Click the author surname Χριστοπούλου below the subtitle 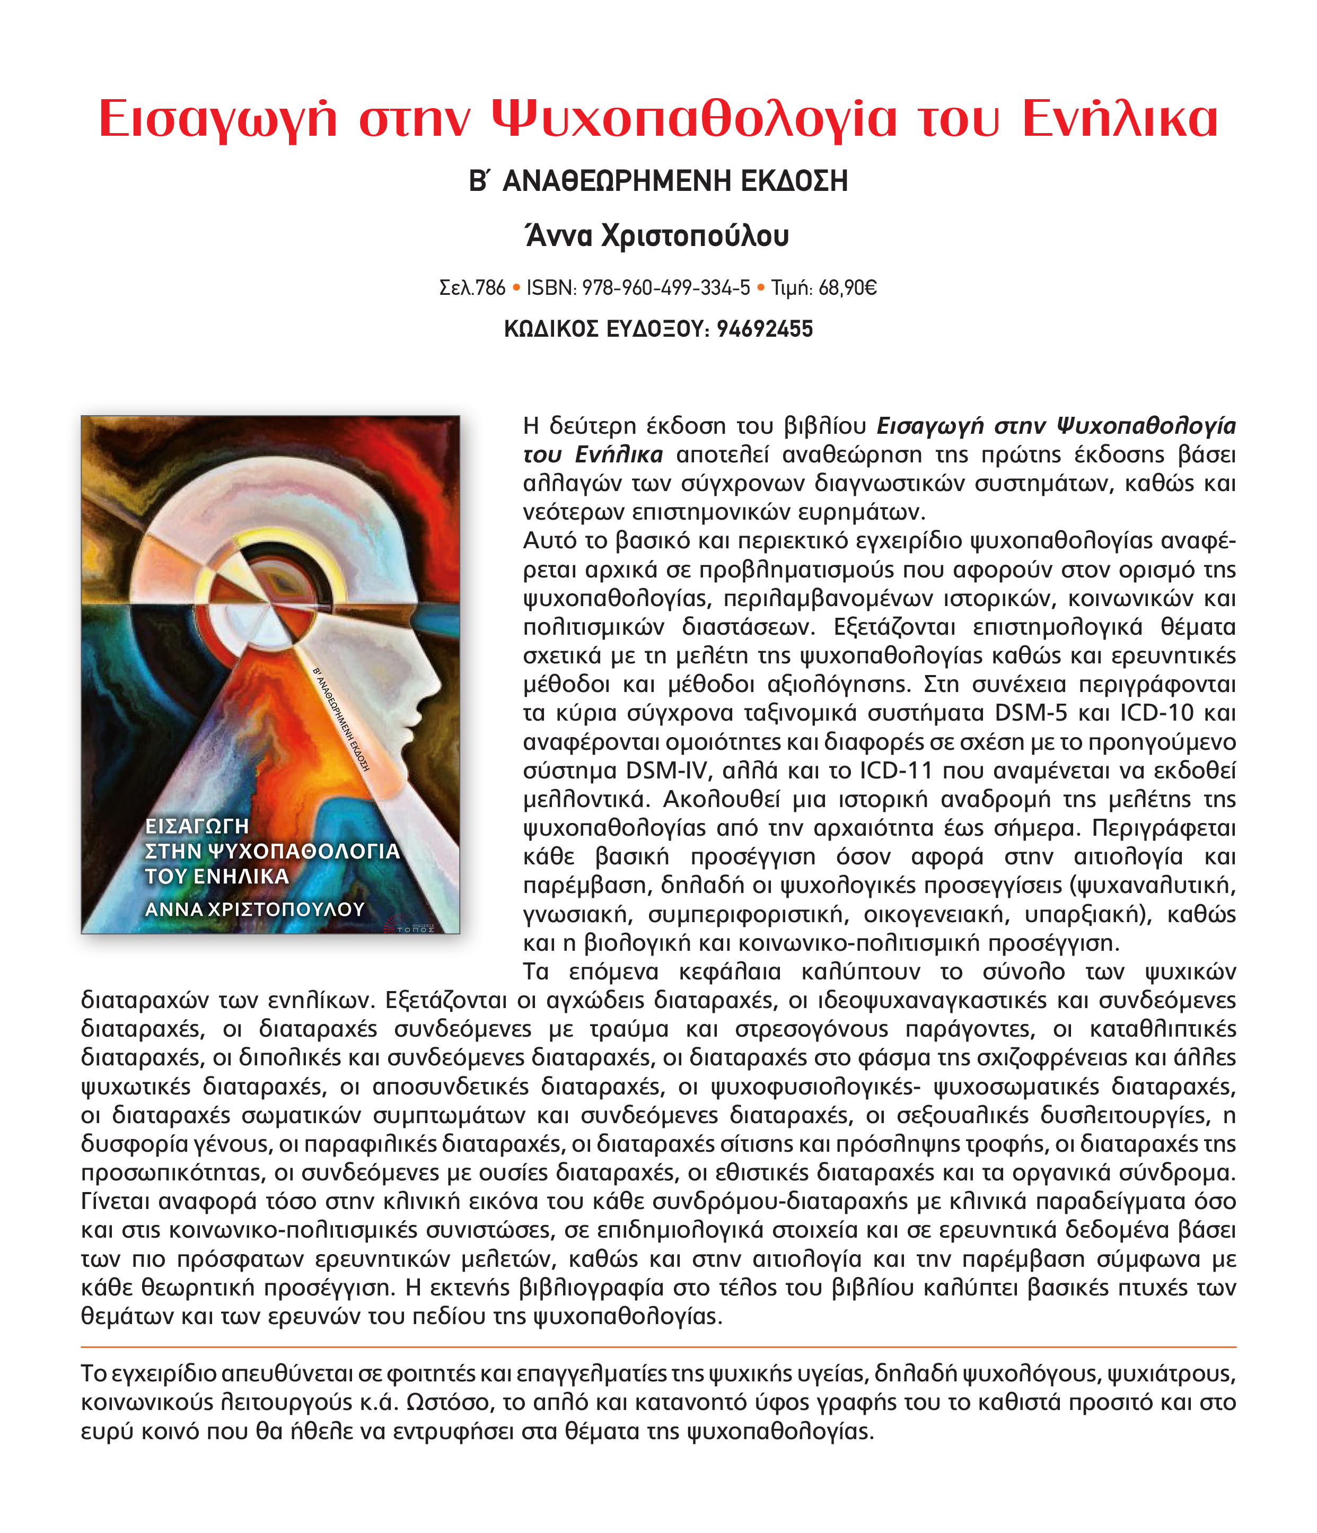(696, 236)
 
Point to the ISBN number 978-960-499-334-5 (666, 288)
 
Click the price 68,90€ (847, 288)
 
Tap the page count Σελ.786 (472, 288)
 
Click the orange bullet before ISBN (516, 288)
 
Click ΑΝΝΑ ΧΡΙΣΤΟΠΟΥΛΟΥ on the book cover (254, 908)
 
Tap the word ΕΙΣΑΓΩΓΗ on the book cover (197, 826)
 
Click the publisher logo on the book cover (411, 925)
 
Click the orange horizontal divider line (658, 1346)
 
